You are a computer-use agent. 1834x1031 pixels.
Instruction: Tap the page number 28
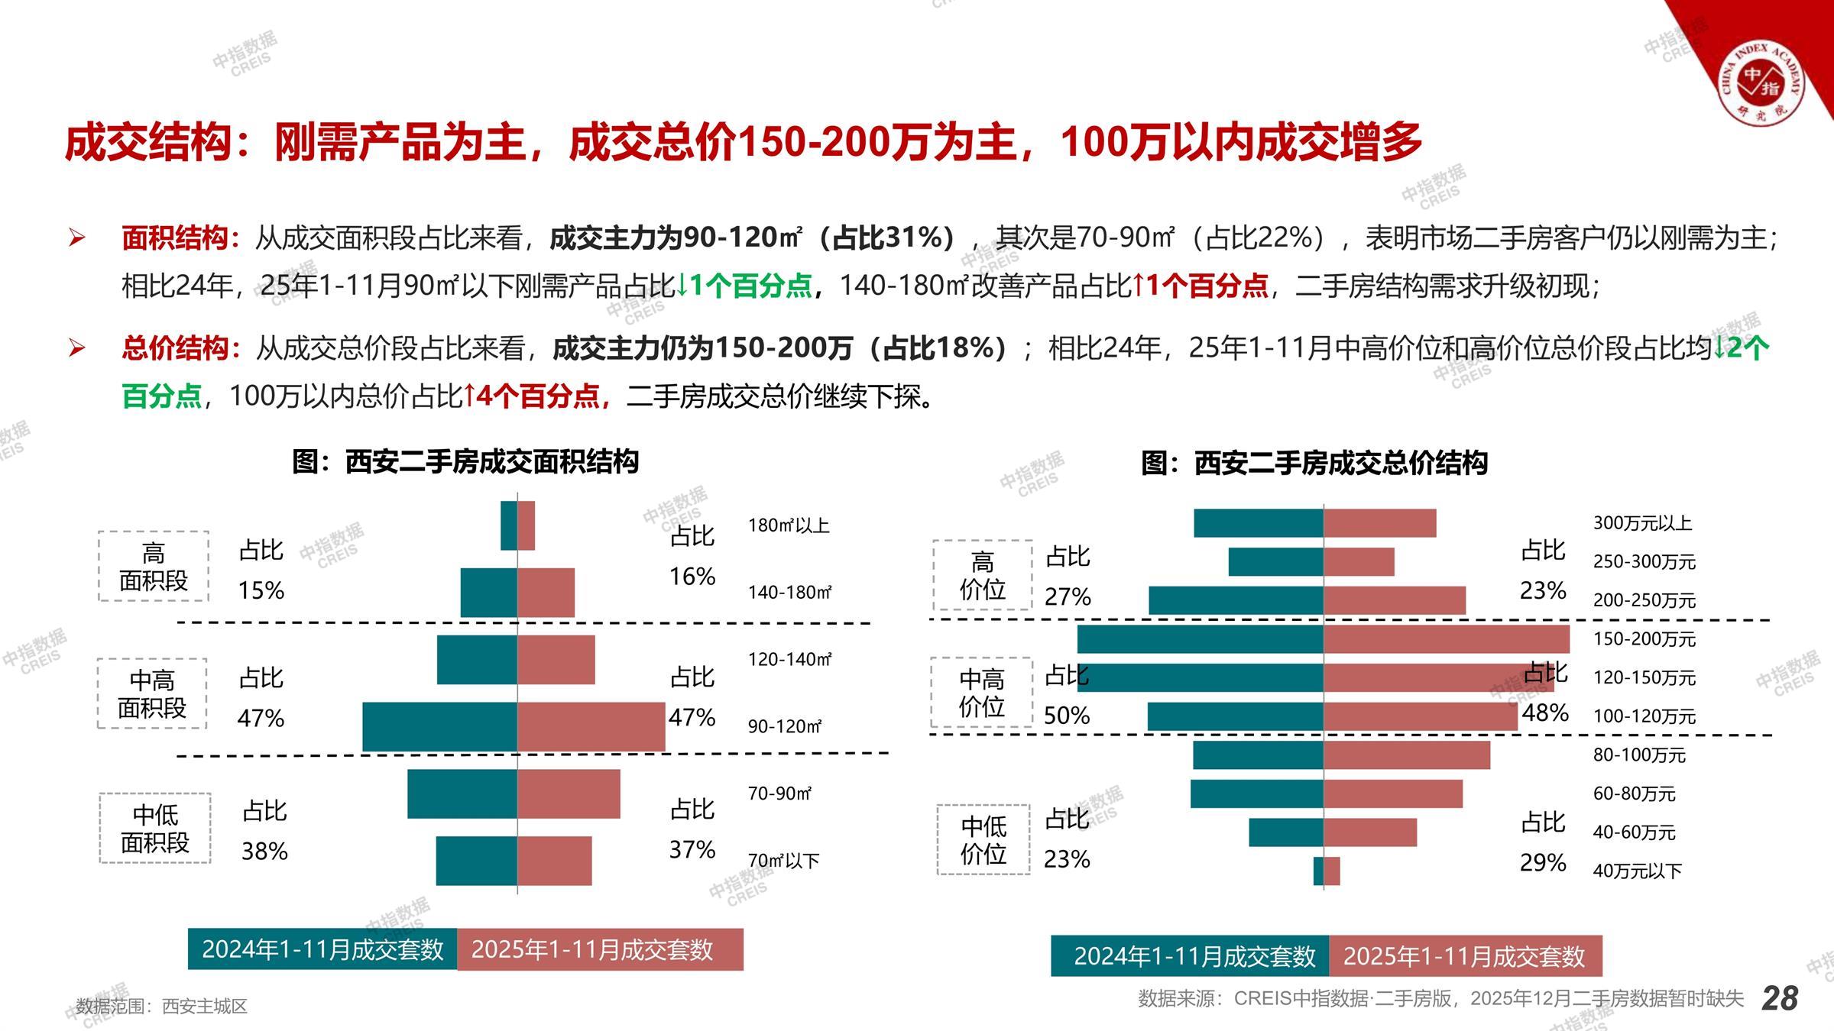[x=1780, y=998]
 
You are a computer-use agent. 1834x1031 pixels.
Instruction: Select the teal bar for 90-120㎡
[x=439, y=726]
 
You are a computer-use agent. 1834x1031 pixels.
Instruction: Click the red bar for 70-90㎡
[x=569, y=793]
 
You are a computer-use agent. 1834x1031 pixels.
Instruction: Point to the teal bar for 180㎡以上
[x=508, y=525]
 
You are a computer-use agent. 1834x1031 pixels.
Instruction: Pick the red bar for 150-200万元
[x=1446, y=638]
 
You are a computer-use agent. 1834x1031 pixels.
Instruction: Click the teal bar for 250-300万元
[x=1275, y=562]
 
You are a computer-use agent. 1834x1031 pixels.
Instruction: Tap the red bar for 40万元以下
[x=1332, y=871]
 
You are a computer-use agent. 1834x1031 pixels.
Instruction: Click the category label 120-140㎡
[x=789, y=659]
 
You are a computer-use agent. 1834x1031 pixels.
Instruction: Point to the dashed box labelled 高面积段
[x=154, y=566]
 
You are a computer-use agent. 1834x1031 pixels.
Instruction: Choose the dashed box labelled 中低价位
[x=983, y=839]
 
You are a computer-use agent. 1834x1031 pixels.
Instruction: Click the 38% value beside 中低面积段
[x=264, y=851]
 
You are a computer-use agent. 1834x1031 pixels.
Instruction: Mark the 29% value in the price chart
[x=1543, y=862]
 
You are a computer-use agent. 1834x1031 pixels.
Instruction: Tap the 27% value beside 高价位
[x=1068, y=596]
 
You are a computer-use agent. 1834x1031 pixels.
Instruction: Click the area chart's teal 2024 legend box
[x=322, y=949]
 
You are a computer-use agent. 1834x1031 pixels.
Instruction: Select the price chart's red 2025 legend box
[x=1465, y=956]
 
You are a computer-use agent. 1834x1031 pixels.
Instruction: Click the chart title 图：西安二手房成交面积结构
[x=465, y=462]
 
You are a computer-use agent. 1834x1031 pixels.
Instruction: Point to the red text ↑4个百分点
[x=533, y=396]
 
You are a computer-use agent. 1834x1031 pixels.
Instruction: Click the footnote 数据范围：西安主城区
[x=162, y=1006]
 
